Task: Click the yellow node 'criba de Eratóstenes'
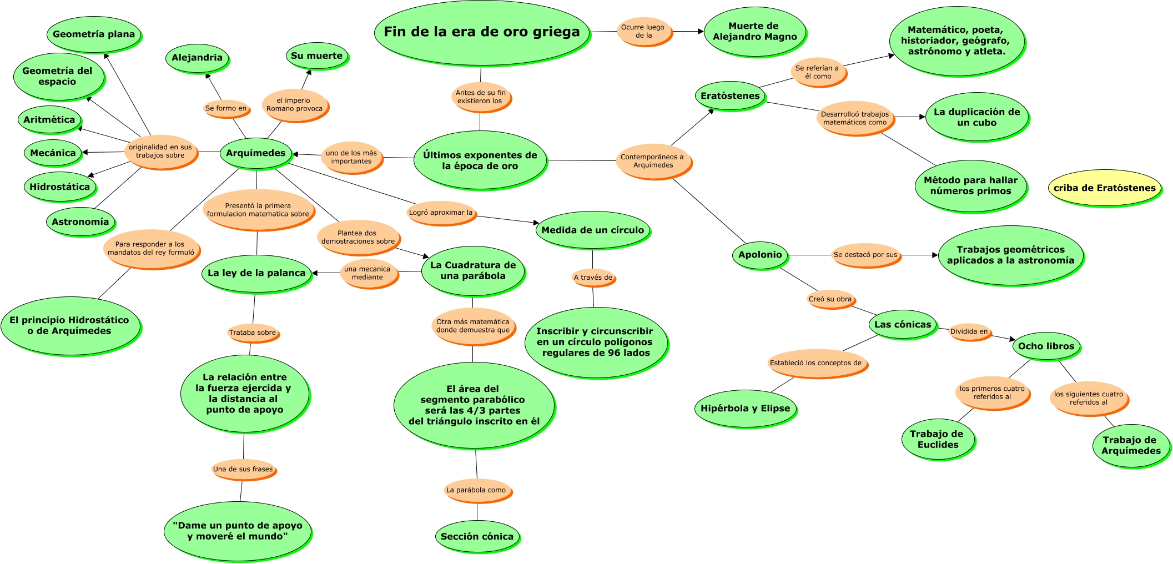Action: point(1104,188)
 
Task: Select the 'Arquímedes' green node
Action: point(255,153)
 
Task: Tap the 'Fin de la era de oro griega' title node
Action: point(481,32)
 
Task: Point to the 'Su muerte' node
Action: point(316,56)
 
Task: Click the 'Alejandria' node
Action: point(197,58)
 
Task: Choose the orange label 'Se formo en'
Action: point(226,108)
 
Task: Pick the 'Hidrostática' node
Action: point(59,187)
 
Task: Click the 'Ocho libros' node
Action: point(1046,346)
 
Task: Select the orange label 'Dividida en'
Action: point(969,331)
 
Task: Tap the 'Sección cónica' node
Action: point(477,536)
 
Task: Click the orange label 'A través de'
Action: point(593,277)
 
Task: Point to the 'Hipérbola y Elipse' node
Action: point(745,409)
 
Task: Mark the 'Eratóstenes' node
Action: point(730,95)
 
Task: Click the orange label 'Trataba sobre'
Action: point(253,333)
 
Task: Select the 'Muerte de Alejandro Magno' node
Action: point(754,32)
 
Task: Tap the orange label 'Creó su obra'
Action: point(830,299)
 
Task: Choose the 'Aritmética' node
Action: point(49,119)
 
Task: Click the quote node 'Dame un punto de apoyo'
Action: point(238,531)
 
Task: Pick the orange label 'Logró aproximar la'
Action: point(441,213)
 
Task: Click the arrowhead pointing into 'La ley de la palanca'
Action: point(315,273)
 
